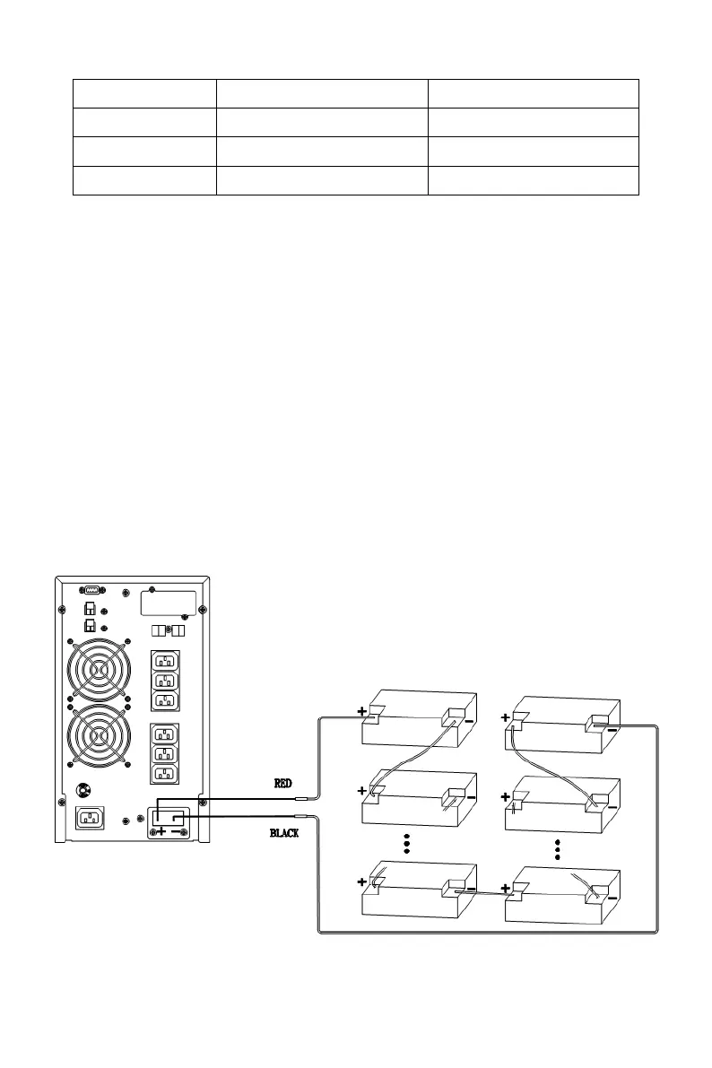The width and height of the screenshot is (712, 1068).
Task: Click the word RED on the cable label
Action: pyautogui.click(x=282, y=783)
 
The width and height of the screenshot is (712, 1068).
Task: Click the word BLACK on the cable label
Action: pyautogui.click(x=284, y=833)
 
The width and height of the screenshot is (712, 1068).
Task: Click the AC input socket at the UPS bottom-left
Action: pyautogui.click(x=91, y=817)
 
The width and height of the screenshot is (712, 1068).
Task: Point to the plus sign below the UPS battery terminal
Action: pyautogui.click(x=161, y=832)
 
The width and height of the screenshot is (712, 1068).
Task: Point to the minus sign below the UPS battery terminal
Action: pyautogui.click(x=176, y=832)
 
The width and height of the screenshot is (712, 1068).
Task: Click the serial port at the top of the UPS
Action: pyautogui.click(x=91, y=589)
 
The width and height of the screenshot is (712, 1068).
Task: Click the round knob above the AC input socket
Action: pyautogui.click(x=82, y=791)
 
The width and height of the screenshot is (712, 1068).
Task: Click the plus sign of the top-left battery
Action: pyautogui.click(x=362, y=711)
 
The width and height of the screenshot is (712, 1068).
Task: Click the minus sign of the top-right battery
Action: pyautogui.click(x=611, y=729)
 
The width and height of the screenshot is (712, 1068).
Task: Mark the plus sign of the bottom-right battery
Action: pyautogui.click(x=506, y=889)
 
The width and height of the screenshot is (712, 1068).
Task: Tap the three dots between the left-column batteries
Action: pyautogui.click(x=406, y=845)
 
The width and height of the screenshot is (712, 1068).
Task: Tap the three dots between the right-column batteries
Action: pyautogui.click(x=558, y=850)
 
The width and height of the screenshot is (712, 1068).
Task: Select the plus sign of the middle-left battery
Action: pyautogui.click(x=362, y=791)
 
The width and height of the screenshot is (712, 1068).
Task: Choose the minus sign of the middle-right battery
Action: pyautogui.click(x=611, y=806)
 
